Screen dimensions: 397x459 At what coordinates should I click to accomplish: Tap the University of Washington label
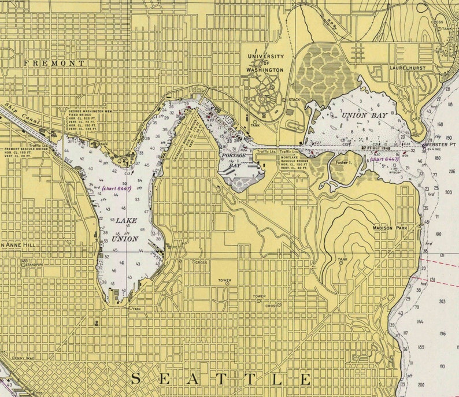pyautogui.click(x=265, y=63)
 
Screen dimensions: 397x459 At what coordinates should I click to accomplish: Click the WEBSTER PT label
pyautogui.click(x=441, y=144)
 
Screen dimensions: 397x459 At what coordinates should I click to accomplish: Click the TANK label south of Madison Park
pyautogui.click(x=342, y=259)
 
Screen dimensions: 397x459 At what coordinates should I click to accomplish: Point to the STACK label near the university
pyautogui.click(x=294, y=99)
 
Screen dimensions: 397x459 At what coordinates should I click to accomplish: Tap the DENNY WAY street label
pyautogui.click(x=23, y=358)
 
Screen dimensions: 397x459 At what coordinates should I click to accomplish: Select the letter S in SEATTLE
pyautogui.click(x=136, y=379)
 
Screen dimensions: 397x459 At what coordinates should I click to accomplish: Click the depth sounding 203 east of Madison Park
pyautogui.click(x=449, y=191)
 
